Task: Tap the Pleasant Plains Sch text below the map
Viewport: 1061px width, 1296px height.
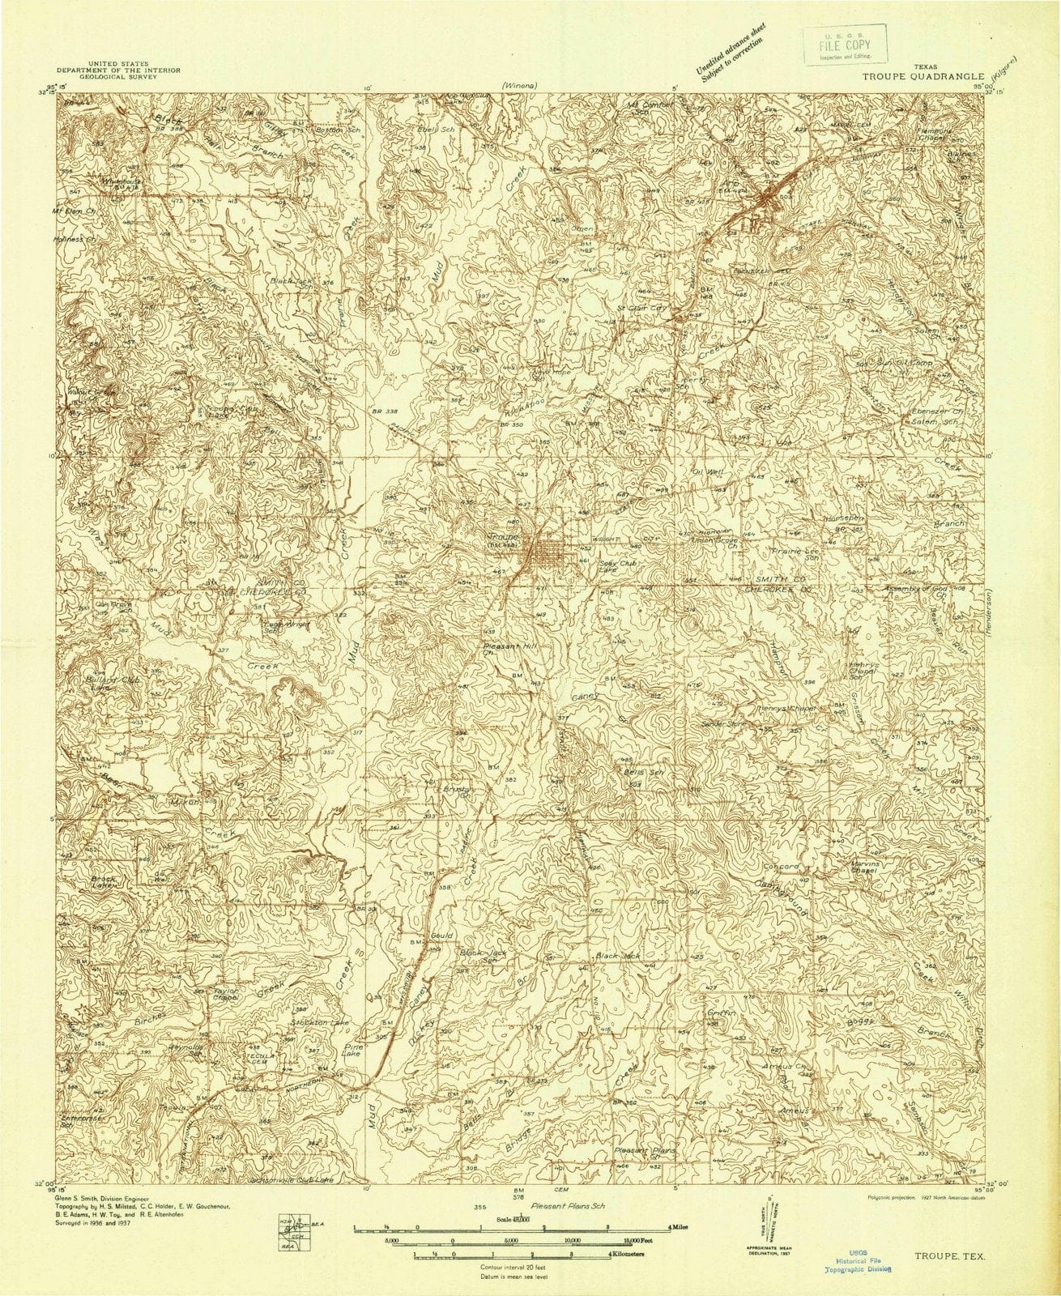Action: coord(567,1207)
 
